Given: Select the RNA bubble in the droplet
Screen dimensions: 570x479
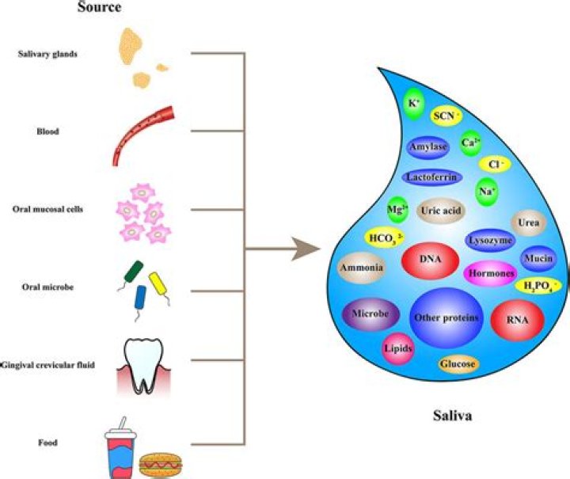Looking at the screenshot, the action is (517, 320).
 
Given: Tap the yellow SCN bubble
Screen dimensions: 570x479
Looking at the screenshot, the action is (446, 116).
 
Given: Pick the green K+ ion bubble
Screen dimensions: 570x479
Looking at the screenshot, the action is (414, 104).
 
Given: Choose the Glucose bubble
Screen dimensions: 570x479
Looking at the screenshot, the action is (458, 363).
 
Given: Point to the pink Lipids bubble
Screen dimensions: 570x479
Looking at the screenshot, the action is (398, 349).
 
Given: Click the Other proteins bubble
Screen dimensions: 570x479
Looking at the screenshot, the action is (446, 317).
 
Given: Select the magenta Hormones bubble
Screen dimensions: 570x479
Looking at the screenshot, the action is (491, 273).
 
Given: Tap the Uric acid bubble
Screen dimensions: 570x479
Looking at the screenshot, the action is (441, 211).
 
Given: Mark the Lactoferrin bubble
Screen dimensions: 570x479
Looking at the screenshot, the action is (432, 177).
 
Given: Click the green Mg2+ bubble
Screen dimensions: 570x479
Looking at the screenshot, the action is (397, 210).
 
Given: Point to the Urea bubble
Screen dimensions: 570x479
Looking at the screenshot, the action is (529, 222).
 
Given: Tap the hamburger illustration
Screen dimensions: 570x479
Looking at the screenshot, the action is (160, 465).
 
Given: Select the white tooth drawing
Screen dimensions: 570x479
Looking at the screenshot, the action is (143, 366).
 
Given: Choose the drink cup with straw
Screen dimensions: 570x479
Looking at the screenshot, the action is (120, 448).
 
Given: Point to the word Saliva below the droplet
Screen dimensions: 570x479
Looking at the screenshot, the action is (453, 416).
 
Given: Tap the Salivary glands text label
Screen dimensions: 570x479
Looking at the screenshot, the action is (47, 54).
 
